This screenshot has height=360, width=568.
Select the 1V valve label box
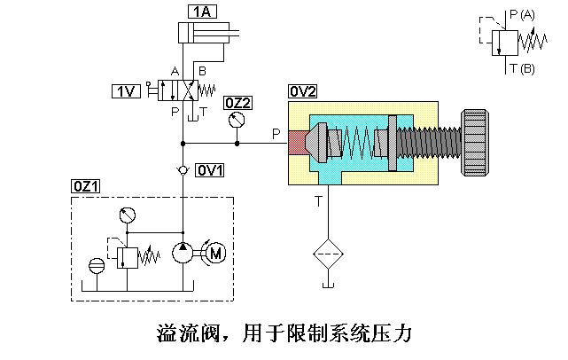126,90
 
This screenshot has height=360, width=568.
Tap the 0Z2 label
237,102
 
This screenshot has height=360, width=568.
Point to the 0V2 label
303,91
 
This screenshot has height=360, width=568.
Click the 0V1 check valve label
210,168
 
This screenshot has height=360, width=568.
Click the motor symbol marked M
215,253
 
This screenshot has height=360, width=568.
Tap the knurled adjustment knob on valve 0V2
475,142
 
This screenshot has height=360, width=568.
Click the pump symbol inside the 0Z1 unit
183,253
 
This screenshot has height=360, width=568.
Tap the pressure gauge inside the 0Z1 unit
126,215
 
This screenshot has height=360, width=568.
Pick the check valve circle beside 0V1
182,168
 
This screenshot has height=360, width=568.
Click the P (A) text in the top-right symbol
521,14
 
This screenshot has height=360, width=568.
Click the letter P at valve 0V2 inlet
276,133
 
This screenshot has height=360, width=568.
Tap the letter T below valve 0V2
318,201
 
